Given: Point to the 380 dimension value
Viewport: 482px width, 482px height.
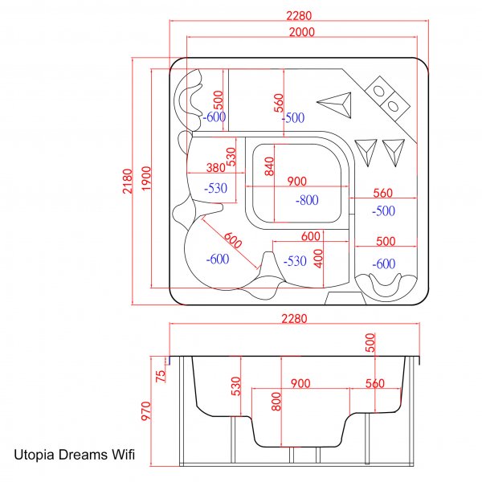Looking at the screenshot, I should [215, 169].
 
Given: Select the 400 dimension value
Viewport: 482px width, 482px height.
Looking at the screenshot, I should [318, 258].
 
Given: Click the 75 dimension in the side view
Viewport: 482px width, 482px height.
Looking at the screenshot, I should [160, 374].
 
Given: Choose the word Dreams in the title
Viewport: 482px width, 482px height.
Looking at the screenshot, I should [81, 455].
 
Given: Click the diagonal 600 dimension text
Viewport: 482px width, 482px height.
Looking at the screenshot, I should [232, 240].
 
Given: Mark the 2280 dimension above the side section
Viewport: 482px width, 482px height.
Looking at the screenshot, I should [294, 319].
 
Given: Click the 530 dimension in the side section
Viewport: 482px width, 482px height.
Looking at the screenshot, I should [235, 386].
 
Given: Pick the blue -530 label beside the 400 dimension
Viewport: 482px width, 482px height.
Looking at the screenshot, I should [295, 260].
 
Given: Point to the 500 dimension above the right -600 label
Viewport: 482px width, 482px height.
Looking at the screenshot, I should [385, 241].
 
